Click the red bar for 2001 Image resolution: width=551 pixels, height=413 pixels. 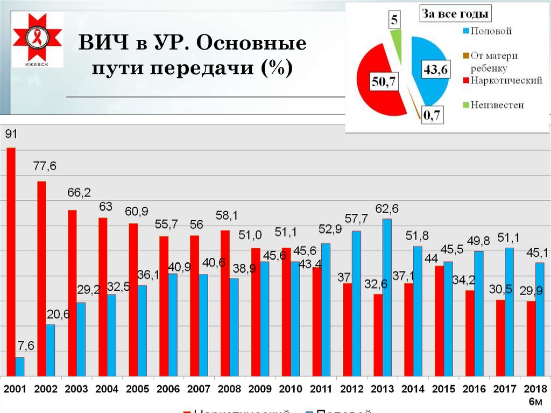click(x=11, y=261)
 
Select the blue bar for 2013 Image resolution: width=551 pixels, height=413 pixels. click(x=387, y=297)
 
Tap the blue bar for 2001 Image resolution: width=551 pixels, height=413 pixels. click(x=20, y=366)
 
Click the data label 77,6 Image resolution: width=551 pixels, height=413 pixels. click(x=45, y=167)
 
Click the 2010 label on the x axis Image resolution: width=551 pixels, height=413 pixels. click(x=291, y=389)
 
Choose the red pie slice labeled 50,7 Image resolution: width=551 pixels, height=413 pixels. click(x=377, y=81)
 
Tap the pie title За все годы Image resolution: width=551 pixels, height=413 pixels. click(x=455, y=14)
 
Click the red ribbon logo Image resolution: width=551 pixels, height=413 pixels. click(x=37, y=38)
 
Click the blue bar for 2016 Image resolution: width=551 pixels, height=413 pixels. click(x=478, y=313)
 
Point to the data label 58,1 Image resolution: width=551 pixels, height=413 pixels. click(x=226, y=216)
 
